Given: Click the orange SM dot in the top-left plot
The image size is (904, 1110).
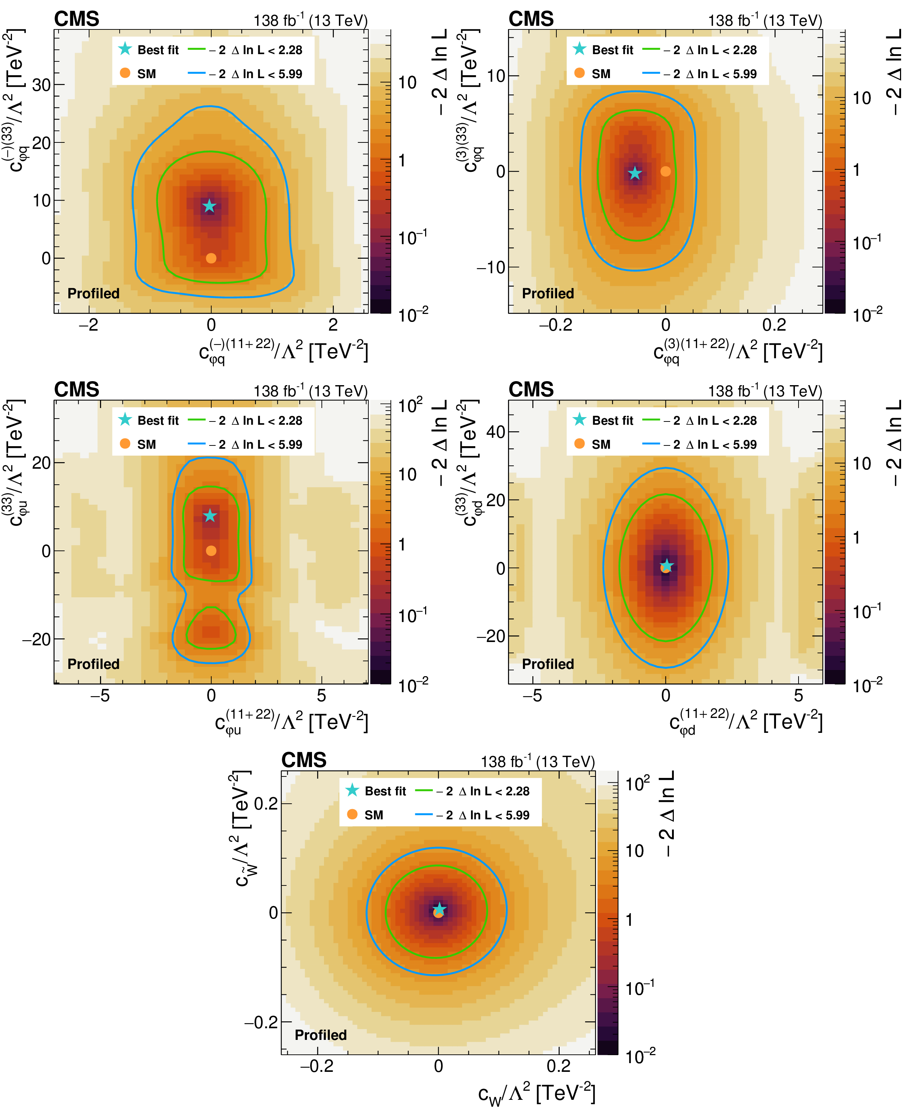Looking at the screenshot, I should click(x=211, y=258).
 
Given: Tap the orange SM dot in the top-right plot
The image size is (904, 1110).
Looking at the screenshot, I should click(x=665, y=171).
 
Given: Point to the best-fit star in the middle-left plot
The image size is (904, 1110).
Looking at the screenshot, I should click(x=210, y=516).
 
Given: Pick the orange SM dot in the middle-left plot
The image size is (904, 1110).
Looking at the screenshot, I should click(x=211, y=550).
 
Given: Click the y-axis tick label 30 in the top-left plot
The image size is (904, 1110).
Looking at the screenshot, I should click(x=42, y=85).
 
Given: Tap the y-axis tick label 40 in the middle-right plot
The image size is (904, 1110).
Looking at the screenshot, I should click(x=496, y=432).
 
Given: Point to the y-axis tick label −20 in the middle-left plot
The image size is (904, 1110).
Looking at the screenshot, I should click(x=36, y=639).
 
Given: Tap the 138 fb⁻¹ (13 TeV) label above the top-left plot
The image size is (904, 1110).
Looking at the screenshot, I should click(x=310, y=20).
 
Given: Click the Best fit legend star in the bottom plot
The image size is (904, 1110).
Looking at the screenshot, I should click(x=352, y=790).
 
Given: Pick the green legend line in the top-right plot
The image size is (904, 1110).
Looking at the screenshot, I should click(x=651, y=49).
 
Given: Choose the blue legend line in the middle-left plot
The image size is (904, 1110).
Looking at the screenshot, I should click(x=196, y=444).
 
